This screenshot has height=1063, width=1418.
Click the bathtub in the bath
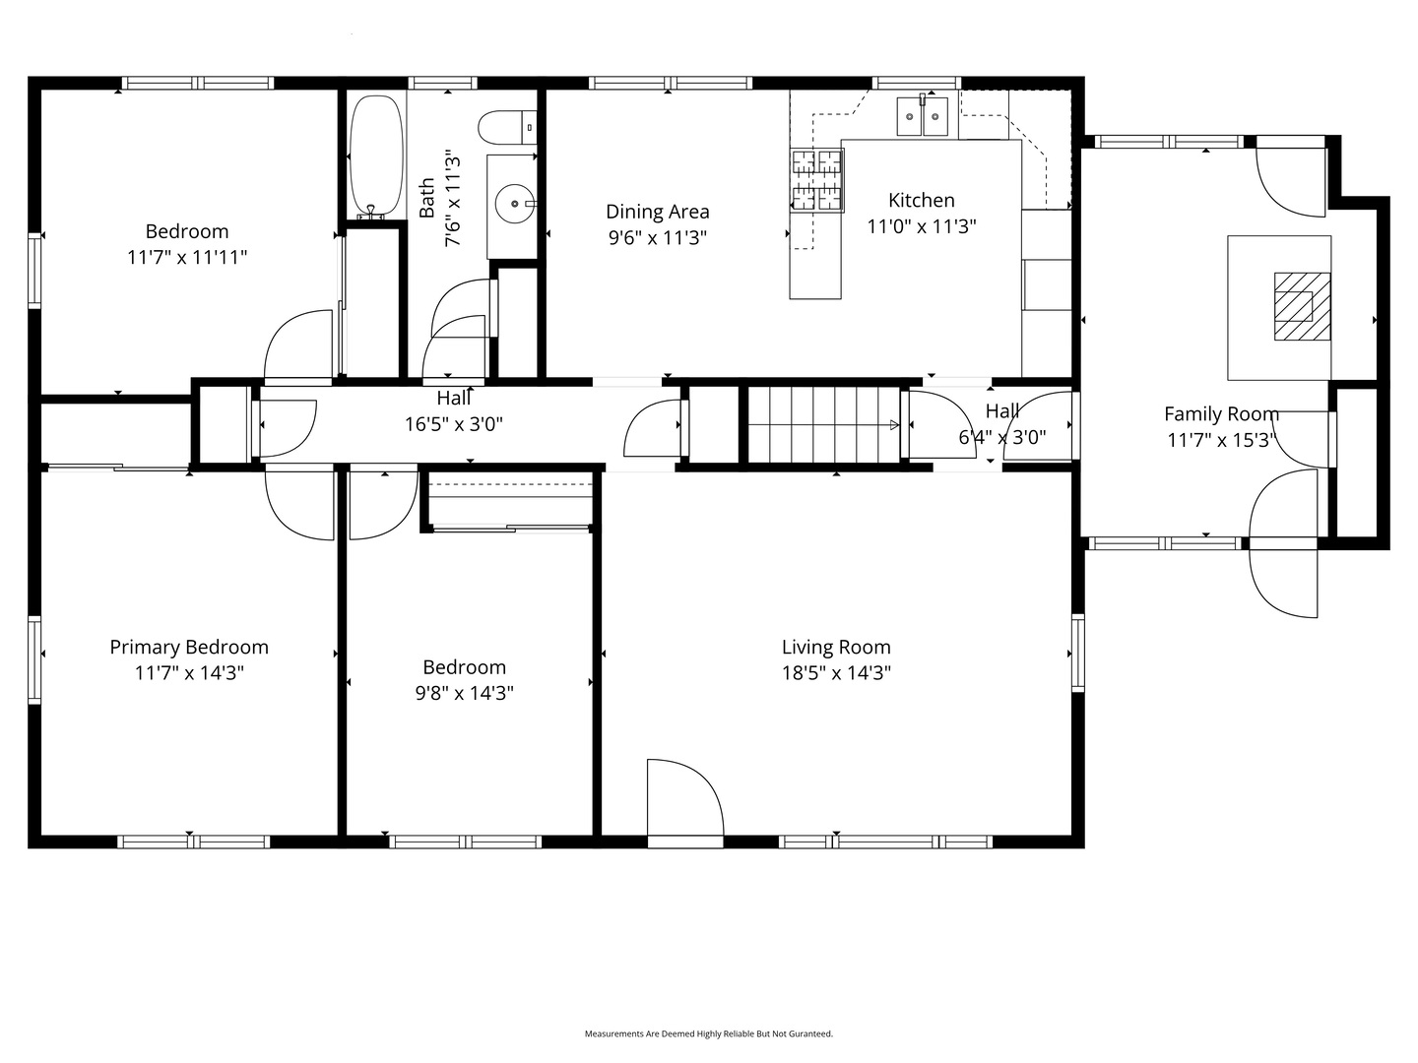[x=376, y=156]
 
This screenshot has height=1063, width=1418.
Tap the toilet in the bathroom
[x=507, y=127]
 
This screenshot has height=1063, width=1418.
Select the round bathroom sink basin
[x=514, y=204]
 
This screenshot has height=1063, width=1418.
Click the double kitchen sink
[x=922, y=116]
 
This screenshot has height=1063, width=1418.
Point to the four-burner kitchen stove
[x=816, y=180]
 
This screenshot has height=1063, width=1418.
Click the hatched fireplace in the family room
[x=1302, y=306]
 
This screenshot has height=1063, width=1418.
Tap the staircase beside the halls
[x=823, y=424]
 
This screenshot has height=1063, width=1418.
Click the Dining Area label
[x=657, y=212]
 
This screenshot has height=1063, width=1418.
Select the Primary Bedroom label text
[x=189, y=647]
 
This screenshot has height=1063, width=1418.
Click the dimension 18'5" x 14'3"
[x=836, y=673]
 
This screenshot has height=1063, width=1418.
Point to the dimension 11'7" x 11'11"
[x=187, y=258]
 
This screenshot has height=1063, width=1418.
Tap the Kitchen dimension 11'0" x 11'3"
[x=922, y=226]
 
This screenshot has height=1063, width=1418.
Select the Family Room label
[x=1221, y=413]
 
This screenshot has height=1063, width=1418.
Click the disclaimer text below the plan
[x=708, y=1033]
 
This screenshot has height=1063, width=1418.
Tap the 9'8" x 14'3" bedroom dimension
[x=464, y=693]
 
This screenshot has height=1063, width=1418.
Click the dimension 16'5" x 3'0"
[x=454, y=424]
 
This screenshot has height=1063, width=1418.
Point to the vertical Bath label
[x=426, y=198]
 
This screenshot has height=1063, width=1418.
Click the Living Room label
[x=836, y=647]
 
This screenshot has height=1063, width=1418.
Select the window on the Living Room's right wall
[x=1077, y=654]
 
